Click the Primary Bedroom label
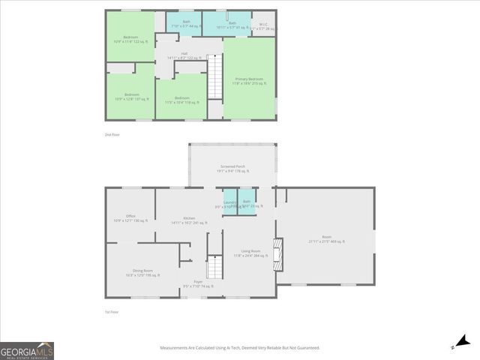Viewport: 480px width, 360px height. pos(250,80)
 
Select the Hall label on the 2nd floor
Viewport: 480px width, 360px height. pos(184,55)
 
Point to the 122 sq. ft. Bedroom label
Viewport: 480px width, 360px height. pos(130,38)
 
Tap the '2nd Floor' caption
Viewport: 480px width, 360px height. pos(112,134)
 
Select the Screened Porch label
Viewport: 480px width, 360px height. pos(232,168)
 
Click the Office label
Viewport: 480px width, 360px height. pos(130,218)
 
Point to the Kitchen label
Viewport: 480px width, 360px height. pos(189,220)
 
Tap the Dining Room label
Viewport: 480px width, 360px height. pos(142,271)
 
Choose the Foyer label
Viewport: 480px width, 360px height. pos(198,284)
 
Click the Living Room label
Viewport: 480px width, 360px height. pos(250,253)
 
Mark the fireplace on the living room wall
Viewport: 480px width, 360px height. pos(279,253)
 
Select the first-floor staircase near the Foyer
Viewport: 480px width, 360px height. pos(215,266)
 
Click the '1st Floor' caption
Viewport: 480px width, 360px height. pos(112,312)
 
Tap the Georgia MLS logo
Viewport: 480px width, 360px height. pos(27,351)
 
